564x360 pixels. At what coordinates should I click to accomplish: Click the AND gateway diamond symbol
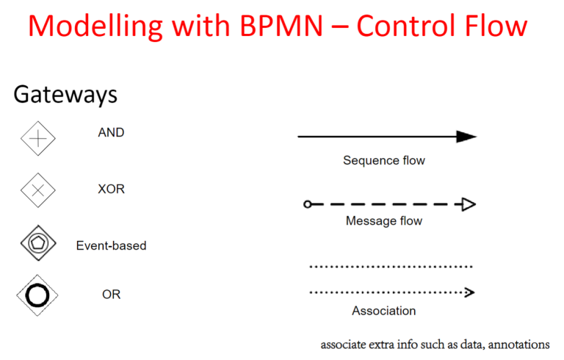(38, 139)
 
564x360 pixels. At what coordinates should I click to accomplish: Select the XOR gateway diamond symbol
(38, 190)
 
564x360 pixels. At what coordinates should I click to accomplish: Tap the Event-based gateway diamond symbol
(38, 243)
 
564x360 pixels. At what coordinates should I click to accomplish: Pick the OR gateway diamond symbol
(37, 295)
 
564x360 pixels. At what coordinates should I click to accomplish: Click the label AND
(111, 133)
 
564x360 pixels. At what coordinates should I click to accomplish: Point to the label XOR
(111, 189)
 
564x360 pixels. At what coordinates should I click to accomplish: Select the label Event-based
(111, 246)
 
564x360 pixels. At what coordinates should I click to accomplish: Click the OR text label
(111, 295)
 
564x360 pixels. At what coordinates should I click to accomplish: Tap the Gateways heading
(65, 95)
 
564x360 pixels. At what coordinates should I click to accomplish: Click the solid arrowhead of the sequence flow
(466, 137)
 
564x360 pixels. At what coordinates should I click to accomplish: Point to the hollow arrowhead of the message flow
(469, 204)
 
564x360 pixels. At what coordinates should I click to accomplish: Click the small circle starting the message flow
(307, 204)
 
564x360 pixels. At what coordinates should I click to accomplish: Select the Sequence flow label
(384, 161)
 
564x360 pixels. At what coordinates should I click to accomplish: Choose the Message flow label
(384, 220)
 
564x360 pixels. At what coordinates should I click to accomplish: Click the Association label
(384, 311)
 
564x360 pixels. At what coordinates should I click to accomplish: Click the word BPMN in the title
(281, 26)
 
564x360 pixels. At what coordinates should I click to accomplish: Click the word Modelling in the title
(95, 26)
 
